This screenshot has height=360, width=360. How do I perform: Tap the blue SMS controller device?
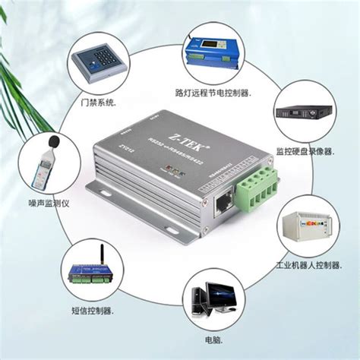click(x=91, y=274)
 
